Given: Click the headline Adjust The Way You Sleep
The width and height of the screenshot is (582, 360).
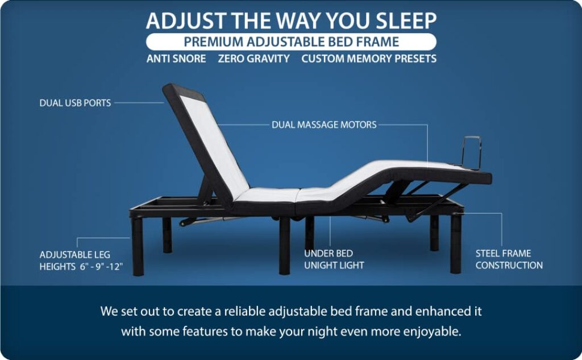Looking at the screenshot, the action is [x=292, y=20].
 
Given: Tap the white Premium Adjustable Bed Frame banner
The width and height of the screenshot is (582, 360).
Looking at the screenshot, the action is [x=292, y=42].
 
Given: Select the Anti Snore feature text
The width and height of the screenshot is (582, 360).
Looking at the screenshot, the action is [x=176, y=59].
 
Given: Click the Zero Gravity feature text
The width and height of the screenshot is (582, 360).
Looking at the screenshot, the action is [x=254, y=59].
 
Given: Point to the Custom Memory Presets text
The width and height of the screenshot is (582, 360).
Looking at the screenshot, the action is [x=369, y=59].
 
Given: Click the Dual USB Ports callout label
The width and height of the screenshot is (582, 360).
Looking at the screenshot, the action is [x=75, y=103].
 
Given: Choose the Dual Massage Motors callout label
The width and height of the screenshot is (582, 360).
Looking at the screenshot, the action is [x=324, y=125].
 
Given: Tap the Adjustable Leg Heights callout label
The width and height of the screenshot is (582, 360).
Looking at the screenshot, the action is [x=81, y=261].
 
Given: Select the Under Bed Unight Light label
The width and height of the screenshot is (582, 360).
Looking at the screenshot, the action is [x=334, y=259].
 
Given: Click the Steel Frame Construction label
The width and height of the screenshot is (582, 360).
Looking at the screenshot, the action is [x=509, y=259].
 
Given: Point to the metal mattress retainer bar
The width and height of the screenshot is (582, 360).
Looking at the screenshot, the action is [x=472, y=152].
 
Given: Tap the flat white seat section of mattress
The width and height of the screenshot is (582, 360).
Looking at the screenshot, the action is [x=267, y=195].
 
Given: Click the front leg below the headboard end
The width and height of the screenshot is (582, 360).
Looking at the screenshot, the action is [x=138, y=246].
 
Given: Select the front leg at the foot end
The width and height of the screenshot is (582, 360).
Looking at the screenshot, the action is [x=455, y=243].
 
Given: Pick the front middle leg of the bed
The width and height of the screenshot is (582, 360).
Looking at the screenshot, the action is [x=285, y=245].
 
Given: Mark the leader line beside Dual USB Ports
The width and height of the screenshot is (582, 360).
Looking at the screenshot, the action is [x=139, y=103].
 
